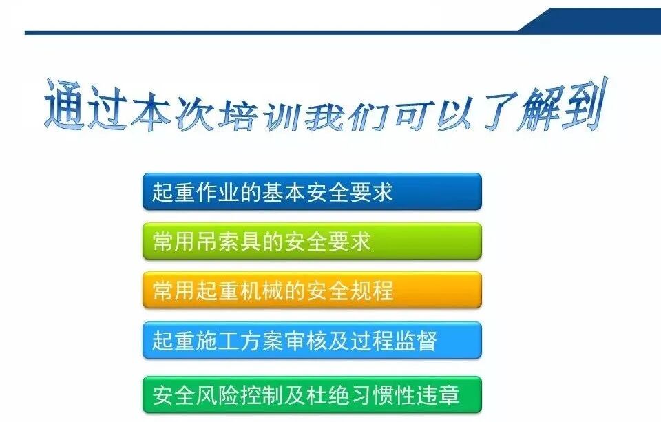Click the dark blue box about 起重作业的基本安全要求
pyautogui.click(x=311, y=191)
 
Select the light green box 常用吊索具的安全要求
pyautogui.click(x=311, y=241)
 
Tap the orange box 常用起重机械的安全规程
pyautogui.click(x=311, y=290)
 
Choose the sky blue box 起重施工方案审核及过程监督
pyautogui.click(x=311, y=340)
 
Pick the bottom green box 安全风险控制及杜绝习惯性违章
pyautogui.click(x=311, y=394)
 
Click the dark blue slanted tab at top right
pyautogui.click(x=592, y=19)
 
